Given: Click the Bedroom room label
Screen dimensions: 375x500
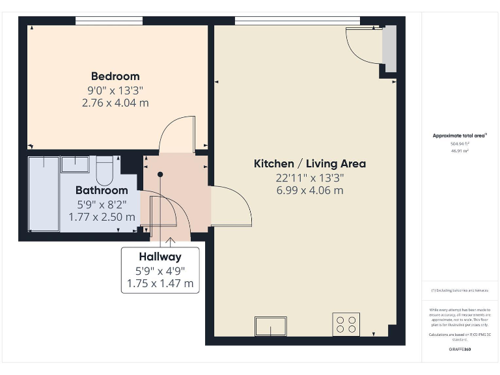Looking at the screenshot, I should (x=115, y=76).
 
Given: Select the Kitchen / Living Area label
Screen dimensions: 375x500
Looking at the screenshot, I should (x=309, y=163).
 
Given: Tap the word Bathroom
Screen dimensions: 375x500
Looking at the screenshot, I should (x=102, y=190).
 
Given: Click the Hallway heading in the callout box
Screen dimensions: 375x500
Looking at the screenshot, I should (x=160, y=257).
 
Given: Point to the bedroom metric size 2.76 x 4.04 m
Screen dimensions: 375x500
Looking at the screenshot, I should (x=115, y=103).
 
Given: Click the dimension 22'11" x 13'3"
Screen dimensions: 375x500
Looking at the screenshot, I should (x=309, y=177).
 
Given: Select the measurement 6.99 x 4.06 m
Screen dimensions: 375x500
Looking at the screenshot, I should (x=309, y=191).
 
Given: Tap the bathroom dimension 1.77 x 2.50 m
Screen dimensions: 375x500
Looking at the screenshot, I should (x=102, y=217).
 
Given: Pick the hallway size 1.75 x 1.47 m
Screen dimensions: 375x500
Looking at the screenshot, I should (x=160, y=284).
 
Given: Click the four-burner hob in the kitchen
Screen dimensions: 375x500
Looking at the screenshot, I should (x=346, y=324).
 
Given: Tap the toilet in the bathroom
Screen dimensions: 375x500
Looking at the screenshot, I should (x=104, y=171).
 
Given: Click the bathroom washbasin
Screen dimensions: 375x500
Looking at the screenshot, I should (x=75, y=163).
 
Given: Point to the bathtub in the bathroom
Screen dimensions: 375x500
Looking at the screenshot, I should (x=44, y=193).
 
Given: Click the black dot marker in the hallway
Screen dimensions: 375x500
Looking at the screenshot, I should (x=160, y=174).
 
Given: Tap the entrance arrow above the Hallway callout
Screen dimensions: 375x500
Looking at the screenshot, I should (x=171, y=241).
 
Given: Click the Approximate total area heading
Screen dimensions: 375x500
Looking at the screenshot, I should (x=460, y=135).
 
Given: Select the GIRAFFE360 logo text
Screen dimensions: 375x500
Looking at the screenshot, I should (x=460, y=350).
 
